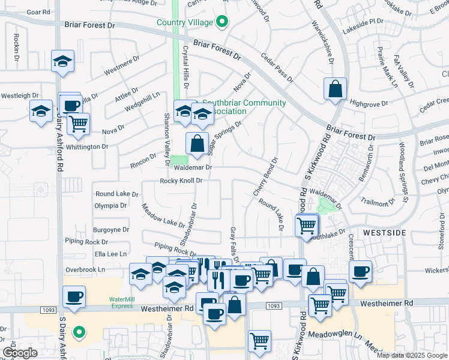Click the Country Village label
pyautogui.click(x=185, y=22)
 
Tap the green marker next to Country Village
pyautogui.click(x=221, y=23)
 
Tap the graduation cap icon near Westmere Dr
pyautogui.click(x=62, y=61)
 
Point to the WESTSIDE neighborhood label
pyautogui.click(x=384, y=232)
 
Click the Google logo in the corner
pyautogui.click(x=20, y=353)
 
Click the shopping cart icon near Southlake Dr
pyautogui.click(x=306, y=226)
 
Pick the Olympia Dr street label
pyautogui.click(x=110, y=205)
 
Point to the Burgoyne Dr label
pyautogui.click(x=112, y=229)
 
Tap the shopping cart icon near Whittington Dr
pyautogui.click(x=78, y=124)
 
